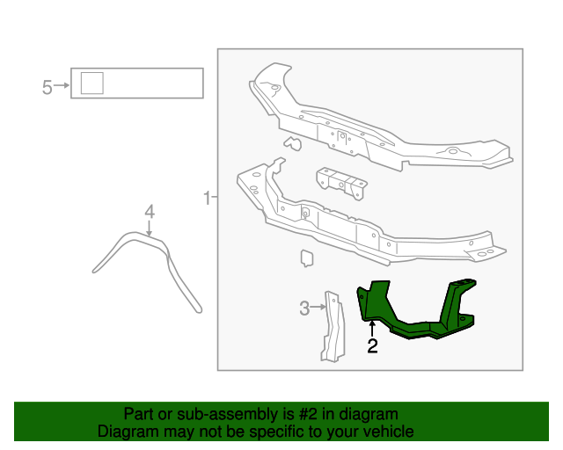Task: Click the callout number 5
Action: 48,86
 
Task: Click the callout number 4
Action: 149,212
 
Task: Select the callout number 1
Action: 207,198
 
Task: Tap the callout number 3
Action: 304,308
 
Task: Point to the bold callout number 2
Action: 372,346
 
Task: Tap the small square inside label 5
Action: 91,83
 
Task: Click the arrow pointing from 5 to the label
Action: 62,86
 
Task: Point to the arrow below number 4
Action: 149,228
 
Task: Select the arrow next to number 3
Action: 319,308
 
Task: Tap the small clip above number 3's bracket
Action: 306,258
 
